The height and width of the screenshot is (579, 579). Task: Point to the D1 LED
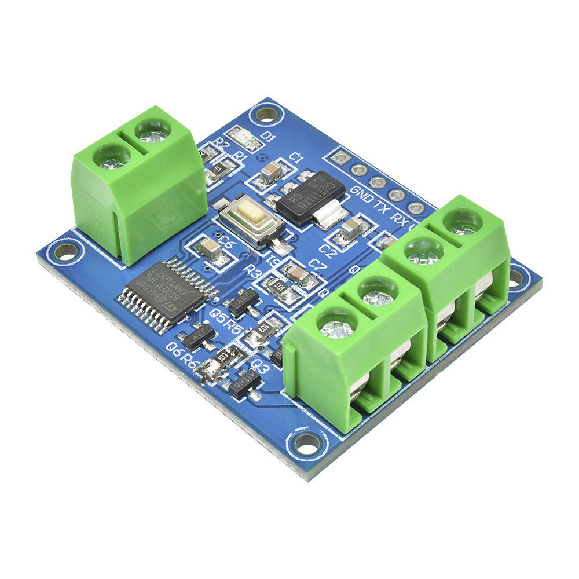(x=243, y=138)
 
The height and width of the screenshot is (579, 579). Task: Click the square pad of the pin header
(x=340, y=157)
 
